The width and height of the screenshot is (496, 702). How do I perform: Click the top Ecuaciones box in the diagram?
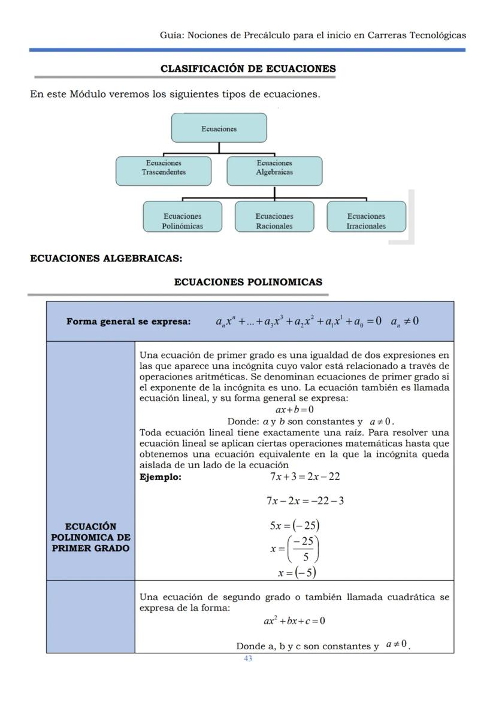219,128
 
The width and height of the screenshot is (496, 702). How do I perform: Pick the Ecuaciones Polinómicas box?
182,221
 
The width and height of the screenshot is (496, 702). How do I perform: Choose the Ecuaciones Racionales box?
274,221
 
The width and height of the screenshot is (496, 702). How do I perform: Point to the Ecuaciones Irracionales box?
366,221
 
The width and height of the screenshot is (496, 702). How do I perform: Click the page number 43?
248,659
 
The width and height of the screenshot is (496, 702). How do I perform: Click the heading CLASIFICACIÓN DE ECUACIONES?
248,69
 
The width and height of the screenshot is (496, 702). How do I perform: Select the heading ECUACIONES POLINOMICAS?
248,282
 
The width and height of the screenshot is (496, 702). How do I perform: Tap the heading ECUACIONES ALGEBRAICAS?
106,259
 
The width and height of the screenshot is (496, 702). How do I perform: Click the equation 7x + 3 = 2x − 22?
305,477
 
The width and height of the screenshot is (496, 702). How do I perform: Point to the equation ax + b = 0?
295,410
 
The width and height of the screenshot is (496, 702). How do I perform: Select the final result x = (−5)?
297,573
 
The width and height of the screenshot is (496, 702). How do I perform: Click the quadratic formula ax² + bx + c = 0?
295,620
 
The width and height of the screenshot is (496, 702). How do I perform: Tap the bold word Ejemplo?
160,477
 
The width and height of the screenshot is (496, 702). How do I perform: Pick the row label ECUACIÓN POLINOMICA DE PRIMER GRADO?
90,538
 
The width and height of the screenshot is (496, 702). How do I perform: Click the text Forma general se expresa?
129,321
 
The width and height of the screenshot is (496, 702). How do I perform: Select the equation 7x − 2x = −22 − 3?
305,501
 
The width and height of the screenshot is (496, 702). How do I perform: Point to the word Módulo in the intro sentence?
89,94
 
